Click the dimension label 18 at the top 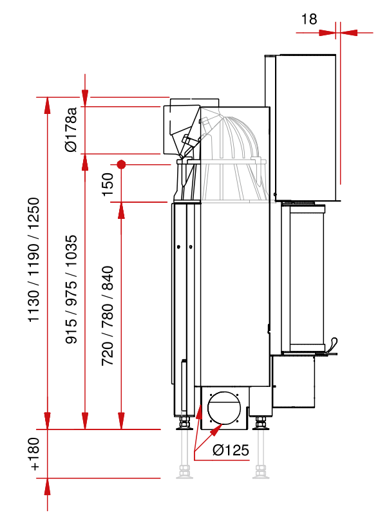[x=309, y=19]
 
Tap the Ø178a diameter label [x=71, y=129]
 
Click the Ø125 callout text [x=230, y=450]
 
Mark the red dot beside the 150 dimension [x=120, y=164]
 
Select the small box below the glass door [x=293, y=381]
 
